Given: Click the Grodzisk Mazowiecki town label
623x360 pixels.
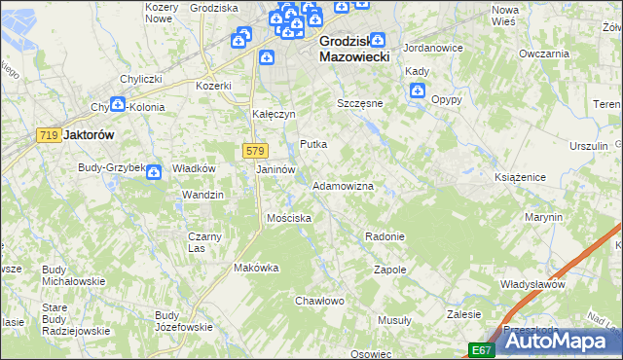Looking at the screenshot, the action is pyautogui.click(x=354, y=50).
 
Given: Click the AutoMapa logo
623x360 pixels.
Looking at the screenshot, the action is pyautogui.click(x=559, y=342).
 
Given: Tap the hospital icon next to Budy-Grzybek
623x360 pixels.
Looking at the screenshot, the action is pyautogui.click(x=154, y=172).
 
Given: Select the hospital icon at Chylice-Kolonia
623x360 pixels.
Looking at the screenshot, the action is pyautogui.click(x=118, y=103).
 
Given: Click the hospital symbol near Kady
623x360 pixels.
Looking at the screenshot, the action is pyautogui.click(x=418, y=91).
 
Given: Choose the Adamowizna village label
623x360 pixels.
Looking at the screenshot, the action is pyautogui.click(x=342, y=185).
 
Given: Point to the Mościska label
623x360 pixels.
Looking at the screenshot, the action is pyautogui.click(x=289, y=218).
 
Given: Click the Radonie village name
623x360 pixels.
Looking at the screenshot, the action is pyautogui.click(x=384, y=236).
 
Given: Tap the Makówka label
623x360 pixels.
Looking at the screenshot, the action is pyautogui.click(x=257, y=268).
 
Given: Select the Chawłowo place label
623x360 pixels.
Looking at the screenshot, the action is pyautogui.click(x=320, y=301).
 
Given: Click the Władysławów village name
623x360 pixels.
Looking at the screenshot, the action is pyautogui.click(x=532, y=284).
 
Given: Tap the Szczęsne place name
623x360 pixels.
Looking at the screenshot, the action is pyautogui.click(x=360, y=102).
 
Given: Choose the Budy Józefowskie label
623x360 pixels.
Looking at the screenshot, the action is pyautogui.click(x=183, y=321).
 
